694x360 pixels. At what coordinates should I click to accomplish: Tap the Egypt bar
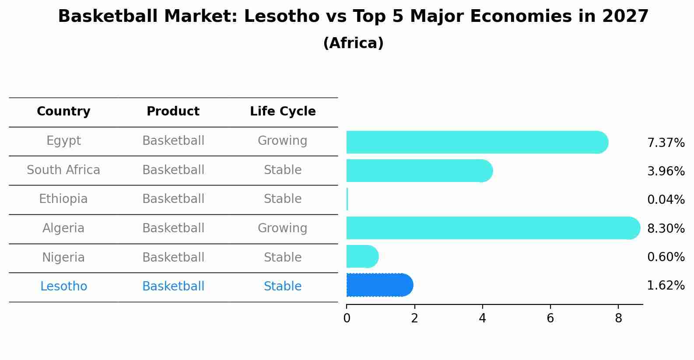pyautogui.click(x=477, y=142)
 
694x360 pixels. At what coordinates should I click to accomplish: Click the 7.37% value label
pyautogui.click(x=666, y=143)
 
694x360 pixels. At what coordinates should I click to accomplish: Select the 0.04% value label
pyautogui.click(x=666, y=200)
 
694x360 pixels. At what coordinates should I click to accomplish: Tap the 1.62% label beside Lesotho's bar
pyautogui.click(x=666, y=286)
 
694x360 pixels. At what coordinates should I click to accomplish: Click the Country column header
pyautogui.click(x=63, y=112)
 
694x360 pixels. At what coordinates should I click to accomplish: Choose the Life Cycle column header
pyautogui.click(x=283, y=112)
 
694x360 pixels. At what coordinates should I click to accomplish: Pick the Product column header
pyautogui.click(x=173, y=112)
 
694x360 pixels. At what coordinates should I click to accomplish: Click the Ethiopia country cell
pyautogui.click(x=63, y=199)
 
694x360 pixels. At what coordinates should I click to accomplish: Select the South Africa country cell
pyautogui.click(x=63, y=170)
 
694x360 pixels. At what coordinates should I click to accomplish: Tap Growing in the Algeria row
pyautogui.click(x=282, y=228)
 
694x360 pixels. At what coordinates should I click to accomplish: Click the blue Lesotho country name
pyautogui.click(x=63, y=287)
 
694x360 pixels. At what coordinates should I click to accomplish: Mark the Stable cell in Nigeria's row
pyautogui.click(x=282, y=257)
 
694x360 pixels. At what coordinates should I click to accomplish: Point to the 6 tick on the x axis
pyautogui.click(x=550, y=318)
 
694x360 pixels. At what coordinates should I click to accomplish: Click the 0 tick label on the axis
pyautogui.click(x=347, y=318)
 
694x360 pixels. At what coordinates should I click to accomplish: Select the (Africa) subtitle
pyautogui.click(x=353, y=43)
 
